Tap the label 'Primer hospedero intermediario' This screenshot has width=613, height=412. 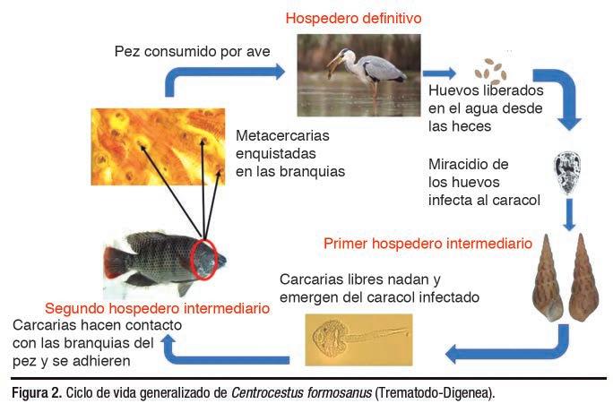pyautogui.click(x=427, y=243)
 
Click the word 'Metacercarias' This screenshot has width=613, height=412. pyautogui.click(x=282, y=136)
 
